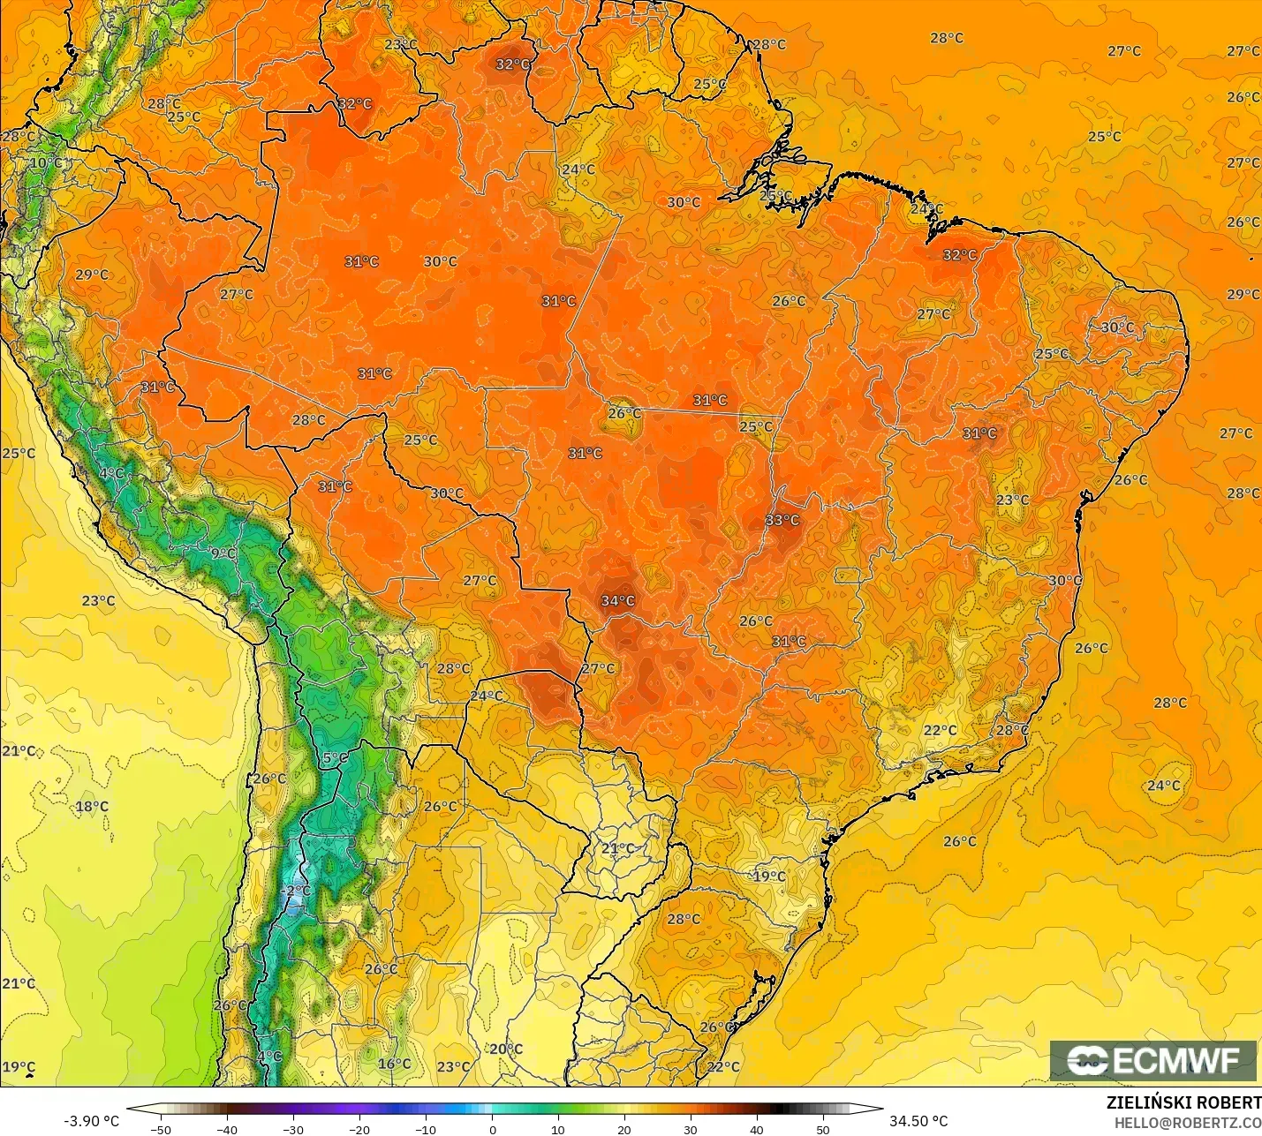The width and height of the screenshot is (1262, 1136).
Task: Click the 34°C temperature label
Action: pyautogui.click(x=617, y=601)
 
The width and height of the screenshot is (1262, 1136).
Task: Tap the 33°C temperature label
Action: pyautogui.click(x=782, y=520)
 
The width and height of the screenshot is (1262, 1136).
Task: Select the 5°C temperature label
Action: pyautogui.click(x=335, y=757)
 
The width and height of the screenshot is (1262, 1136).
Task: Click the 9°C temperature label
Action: pyautogui.click(x=223, y=553)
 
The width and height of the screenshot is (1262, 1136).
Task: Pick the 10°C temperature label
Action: pyautogui.click(x=46, y=163)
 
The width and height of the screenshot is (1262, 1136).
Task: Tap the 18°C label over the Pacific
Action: pyautogui.click(x=92, y=806)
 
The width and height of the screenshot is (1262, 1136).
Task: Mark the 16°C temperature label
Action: pyautogui.click(x=394, y=1064)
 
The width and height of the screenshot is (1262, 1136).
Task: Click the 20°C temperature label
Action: pyautogui.click(x=506, y=1049)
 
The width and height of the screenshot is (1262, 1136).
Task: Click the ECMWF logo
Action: pyautogui.click(x=1152, y=1060)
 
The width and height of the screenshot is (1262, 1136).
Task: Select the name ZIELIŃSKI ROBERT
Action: pyautogui.click(x=1183, y=1102)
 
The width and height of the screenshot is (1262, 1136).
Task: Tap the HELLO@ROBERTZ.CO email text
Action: pyautogui.click(x=1187, y=1123)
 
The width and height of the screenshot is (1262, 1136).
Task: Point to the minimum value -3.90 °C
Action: pyautogui.click(x=91, y=1121)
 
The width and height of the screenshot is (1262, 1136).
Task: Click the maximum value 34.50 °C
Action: pyautogui.click(x=918, y=1121)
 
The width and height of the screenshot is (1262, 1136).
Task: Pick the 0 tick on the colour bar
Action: pyautogui.click(x=492, y=1130)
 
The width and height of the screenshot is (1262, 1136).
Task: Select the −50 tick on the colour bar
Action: pyautogui.click(x=160, y=1130)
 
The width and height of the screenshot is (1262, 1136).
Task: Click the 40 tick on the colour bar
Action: pyautogui.click(x=756, y=1130)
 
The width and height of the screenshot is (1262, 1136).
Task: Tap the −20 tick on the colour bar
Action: pyautogui.click(x=359, y=1130)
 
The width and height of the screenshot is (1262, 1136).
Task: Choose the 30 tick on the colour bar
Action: pyautogui.click(x=690, y=1130)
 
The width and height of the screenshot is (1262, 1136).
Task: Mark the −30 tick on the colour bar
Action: pyautogui.click(x=292, y=1130)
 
